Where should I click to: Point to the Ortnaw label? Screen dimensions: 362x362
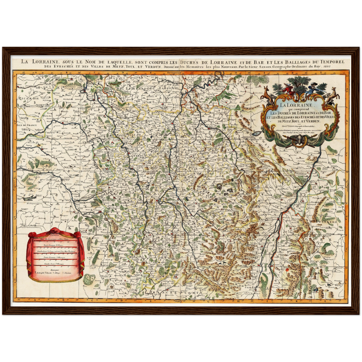[x=293, y=228]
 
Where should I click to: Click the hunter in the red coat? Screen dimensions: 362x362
[x=288, y=89]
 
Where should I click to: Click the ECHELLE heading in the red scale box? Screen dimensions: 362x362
[x=54, y=235]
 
